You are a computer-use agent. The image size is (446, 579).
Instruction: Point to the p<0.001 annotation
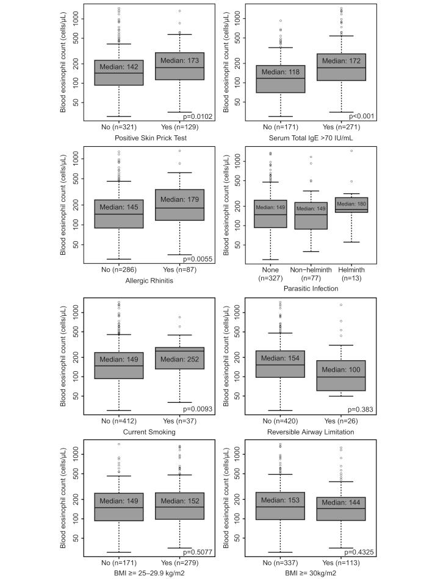361,116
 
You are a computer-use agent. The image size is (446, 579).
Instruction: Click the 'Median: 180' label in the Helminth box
351,204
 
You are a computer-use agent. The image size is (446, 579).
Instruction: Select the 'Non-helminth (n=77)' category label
311,273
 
